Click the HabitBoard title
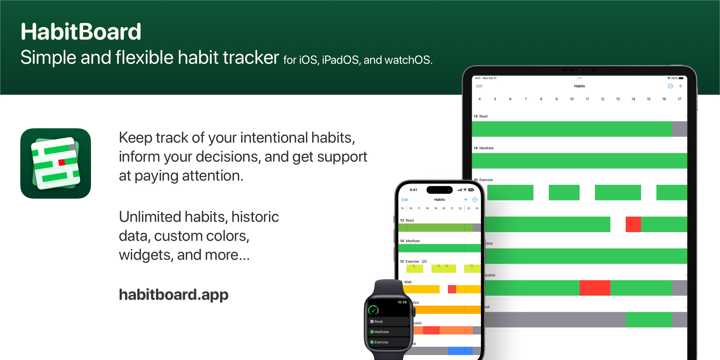[x=81, y=32]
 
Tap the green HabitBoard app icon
[x=56, y=163]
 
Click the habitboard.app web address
[x=173, y=295]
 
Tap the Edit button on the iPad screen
[x=479, y=86]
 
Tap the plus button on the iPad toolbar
[x=680, y=86]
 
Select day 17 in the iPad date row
[x=679, y=99]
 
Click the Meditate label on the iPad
[x=486, y=148]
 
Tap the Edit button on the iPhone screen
[x=405, y=200]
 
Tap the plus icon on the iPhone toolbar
[x=465, y=200]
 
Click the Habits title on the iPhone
[x=440, y=200]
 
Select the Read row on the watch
[x=388, y=321]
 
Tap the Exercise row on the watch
[x=388, y=342]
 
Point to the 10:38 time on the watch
[x=402, y=302]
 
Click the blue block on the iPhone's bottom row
[x=460, y=351]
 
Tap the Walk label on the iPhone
[x=408, y=282]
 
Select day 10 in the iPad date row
[x=572, y=99]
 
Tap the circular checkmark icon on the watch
[x=373, y=310]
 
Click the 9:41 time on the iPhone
[x=413, y=190]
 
